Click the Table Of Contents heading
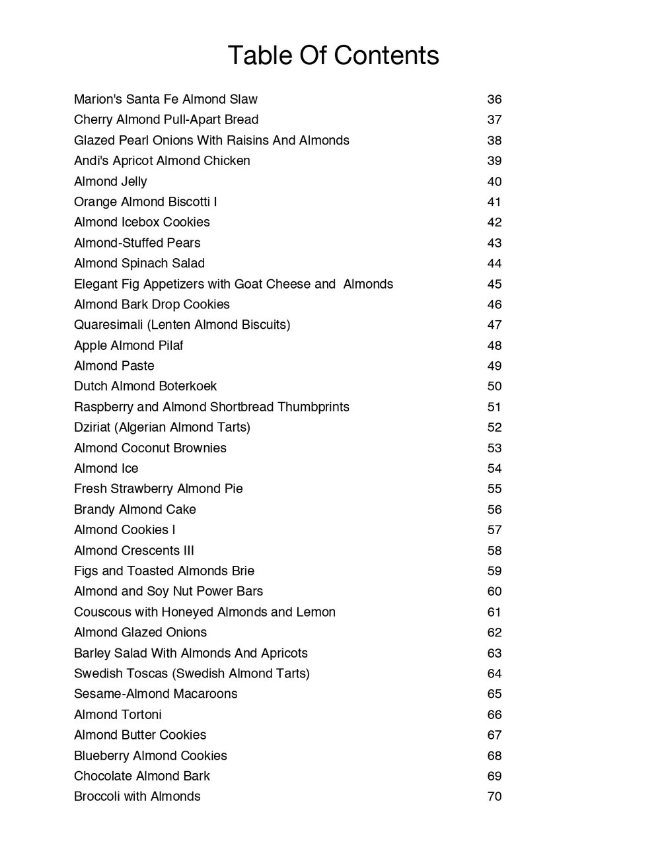point(333,55)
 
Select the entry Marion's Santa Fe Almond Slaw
point(166,100)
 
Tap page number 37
point(494,120)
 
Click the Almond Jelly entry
point(110,182)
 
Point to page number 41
point(494,202)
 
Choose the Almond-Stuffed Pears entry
point(137,243)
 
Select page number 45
point(494,284)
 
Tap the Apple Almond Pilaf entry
point(129,345)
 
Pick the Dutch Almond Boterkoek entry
point(145,386)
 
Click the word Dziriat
point(92,427)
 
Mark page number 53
point(494,448)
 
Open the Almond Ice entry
point(106,468)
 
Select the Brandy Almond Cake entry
point(135,509)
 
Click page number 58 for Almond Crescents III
point(494,551)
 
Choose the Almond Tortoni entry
point(118,714)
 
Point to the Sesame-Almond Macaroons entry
point(156,694)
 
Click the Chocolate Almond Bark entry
point(142,776)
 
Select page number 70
point(494,796)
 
